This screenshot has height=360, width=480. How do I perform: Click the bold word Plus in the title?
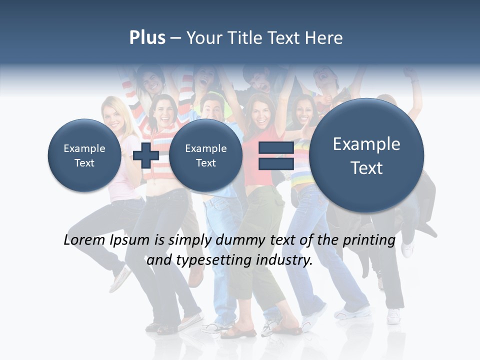click(147, 38)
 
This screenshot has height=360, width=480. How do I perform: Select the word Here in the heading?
click(324, 38)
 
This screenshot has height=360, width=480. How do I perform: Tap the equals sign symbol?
click(275, 155)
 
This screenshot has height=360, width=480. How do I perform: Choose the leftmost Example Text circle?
click(84, 155)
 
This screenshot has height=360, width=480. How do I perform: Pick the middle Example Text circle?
click(205, 155)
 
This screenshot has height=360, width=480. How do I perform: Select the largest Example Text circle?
click(366, 155)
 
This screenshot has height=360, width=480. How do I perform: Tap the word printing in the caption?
click(368, 240)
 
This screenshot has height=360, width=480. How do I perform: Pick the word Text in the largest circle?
click(366, 168)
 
